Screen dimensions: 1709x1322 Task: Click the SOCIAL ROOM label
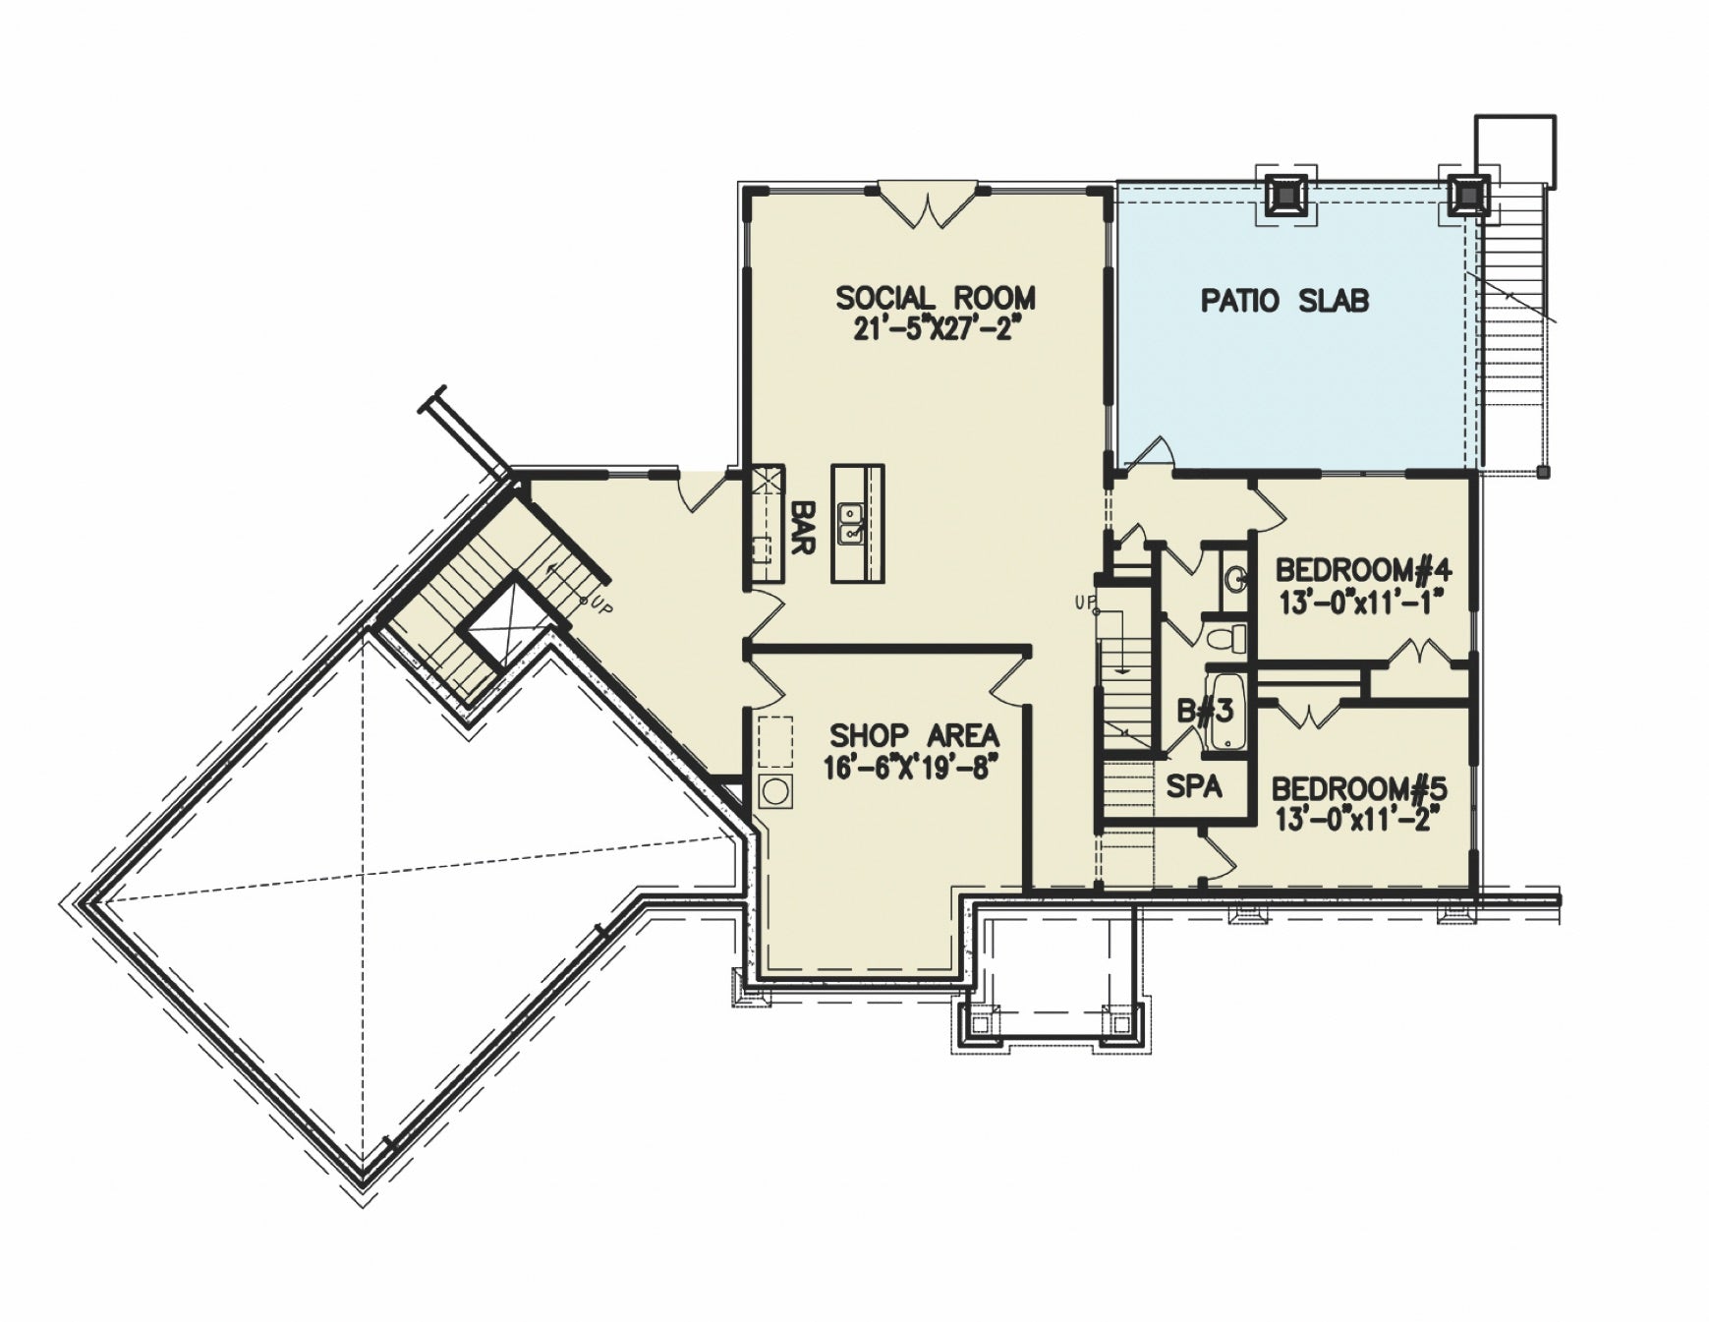coord(935,297)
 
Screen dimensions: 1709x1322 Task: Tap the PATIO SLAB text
coord(1284,301)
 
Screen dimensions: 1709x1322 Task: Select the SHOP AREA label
coord(914,735)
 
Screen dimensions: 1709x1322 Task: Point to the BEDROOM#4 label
coord(1362,570)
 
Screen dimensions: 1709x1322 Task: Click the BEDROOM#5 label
coord(1359,788)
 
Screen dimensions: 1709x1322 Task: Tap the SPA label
coord(1194,785)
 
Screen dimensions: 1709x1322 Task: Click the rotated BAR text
coord(803,527)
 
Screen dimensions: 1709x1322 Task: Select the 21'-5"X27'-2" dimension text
coord(933,328)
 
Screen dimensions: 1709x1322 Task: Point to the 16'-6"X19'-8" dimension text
coord(904,767)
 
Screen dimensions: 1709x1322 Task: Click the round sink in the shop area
coord(775,791)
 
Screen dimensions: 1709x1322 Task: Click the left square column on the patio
coord(1285,194)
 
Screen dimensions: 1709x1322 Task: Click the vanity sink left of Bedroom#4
coord(1236,577)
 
